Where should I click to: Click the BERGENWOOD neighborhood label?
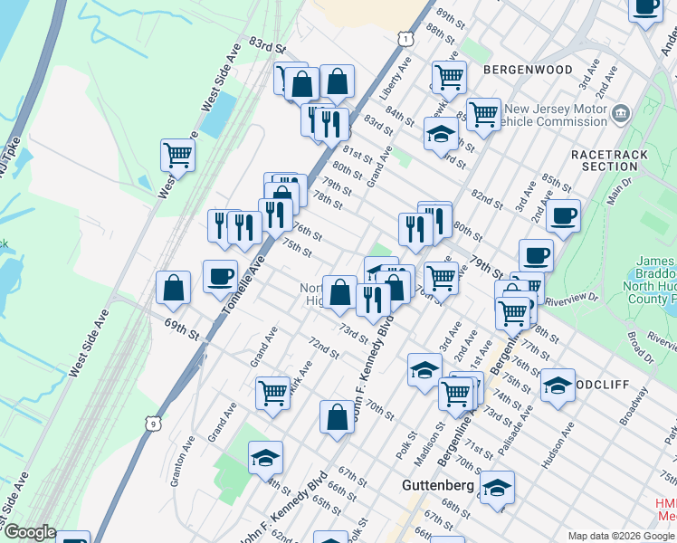click(x=528, y=70)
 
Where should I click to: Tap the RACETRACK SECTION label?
click(x=610, y=160)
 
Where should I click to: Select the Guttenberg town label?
click(x=437, y=486)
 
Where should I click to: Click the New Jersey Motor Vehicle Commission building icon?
click(x=621, y=113)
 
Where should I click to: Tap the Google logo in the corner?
click(x=30, y=532)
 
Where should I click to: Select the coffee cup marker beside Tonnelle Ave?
click(x=220, y=277)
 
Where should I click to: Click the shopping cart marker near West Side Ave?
click(x=178, y=155)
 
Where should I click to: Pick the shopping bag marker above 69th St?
click(x=173, y=289)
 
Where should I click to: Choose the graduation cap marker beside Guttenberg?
click(x=497, y=488)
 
